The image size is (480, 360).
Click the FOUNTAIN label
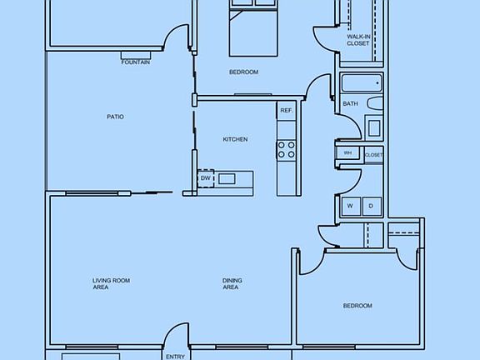(136, 62)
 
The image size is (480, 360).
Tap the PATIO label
(115, 117)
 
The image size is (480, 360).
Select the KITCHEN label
(235, 139)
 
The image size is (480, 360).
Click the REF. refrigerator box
(286, 111)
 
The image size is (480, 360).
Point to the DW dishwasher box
(205, 178)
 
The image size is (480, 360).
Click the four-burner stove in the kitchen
(286, 150)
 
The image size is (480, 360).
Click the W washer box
(350, 206)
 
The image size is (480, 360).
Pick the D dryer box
(371, 206)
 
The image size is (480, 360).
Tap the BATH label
(350, 103)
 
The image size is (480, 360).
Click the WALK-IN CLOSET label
(358, 40)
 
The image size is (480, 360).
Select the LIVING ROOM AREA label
(111, 283)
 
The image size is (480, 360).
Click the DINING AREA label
(231, 283)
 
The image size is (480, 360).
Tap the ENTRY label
(175, 357)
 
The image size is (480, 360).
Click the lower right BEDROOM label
(357, 306)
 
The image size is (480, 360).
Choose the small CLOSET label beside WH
(374, 154)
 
